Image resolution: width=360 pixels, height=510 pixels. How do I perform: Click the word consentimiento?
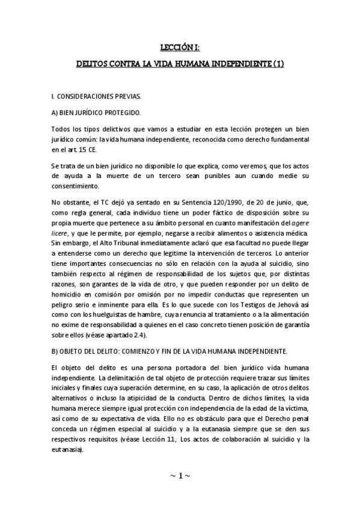[x=75, y=185]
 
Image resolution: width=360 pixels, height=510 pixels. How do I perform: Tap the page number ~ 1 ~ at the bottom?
[x=180, y=475]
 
